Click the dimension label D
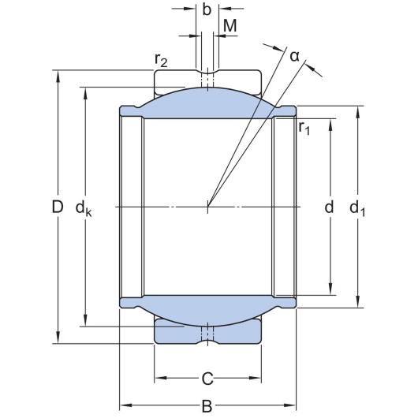56,208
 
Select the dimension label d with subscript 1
359,208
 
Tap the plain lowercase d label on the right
330,207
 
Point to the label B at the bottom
207,406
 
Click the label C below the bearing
207,379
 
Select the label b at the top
207,9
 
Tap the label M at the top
230,25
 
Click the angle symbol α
294,55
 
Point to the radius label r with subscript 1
304,128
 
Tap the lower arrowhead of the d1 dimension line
359,303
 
